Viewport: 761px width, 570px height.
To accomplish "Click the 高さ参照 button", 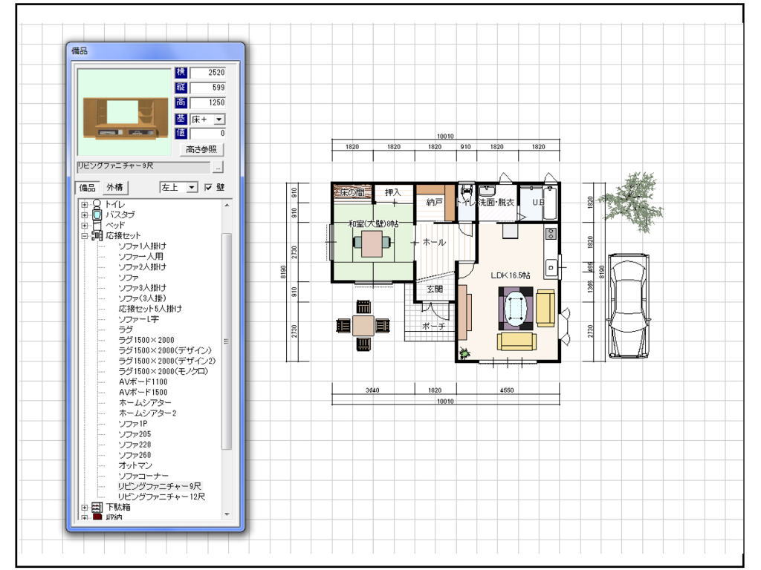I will (x=201, y=149).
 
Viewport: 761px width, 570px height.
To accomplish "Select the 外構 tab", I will (x=115, y=187).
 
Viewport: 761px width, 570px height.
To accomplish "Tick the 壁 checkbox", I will (x=209, y=187).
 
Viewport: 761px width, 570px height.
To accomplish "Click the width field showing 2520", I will (x=207, y=72).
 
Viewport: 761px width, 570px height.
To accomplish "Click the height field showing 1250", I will (x=207, y=102).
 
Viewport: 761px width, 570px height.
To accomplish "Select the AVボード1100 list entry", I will (x=143, y=381).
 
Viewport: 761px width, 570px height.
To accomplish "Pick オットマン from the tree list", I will (x=135, y=465).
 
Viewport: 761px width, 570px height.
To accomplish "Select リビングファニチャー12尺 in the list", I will (x=161, y=496).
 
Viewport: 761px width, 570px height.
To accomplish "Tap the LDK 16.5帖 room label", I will (x=511, y=275).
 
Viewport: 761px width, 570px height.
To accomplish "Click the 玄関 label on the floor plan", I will (x=434, y=289).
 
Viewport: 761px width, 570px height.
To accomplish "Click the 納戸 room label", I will (x=434, y=201).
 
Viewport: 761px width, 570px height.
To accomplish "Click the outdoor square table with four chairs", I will (x=363, y=325).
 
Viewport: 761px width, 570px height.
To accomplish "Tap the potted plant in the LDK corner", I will (x=464, y=353).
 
